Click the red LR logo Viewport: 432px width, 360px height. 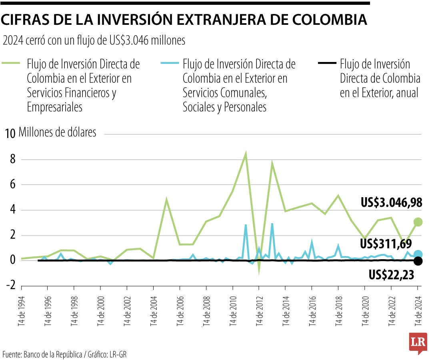coord(418,342)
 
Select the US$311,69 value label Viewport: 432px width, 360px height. coord(386,244)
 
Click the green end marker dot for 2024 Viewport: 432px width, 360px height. coord(418,222)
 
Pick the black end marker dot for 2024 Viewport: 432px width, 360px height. coord(418,261)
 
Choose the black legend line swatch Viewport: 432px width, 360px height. coord(325,63)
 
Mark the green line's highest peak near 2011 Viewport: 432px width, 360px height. coord(246,153)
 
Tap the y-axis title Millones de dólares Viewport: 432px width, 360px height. coord(57,132)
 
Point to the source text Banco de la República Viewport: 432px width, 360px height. coord(53,354)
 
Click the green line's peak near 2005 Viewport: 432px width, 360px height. coord(166,199)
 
